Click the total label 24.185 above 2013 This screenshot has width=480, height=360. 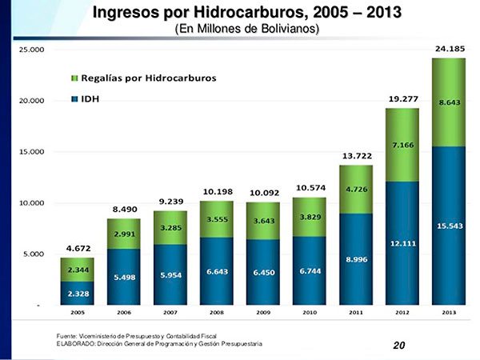(x=449, y=49)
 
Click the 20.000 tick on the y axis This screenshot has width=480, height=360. (x=31, y=101)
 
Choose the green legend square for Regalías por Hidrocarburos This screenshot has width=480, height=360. (x=74, y=78)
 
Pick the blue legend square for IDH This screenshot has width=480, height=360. (x=74, y=99)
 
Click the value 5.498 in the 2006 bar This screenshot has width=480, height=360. (x=123, y=277)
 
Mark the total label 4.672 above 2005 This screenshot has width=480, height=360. (x=77, y=249)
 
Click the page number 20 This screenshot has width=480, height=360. (x=399, y=346)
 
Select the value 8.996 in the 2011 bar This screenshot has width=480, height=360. (x=356, y=259)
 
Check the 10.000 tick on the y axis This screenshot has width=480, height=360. (x=31, y=203)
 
